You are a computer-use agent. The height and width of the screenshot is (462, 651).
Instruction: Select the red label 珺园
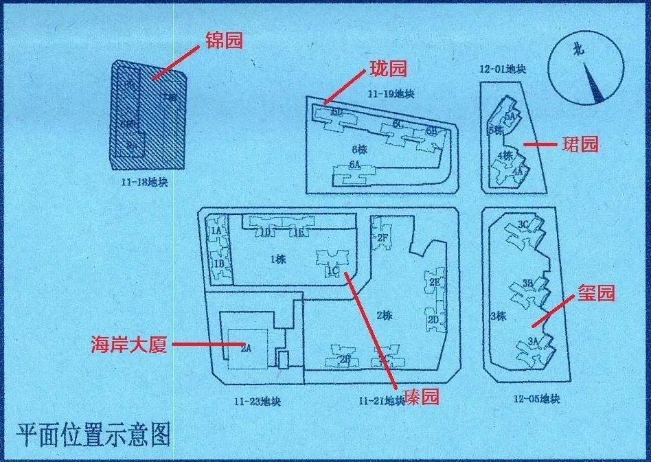[x=580, y=144]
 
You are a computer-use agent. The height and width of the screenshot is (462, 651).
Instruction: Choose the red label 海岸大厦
[x=128, y=345]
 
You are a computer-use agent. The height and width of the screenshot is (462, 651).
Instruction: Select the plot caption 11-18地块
[x=145, y=183]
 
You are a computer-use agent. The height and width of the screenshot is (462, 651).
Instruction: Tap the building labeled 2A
[x=245, y=349]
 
